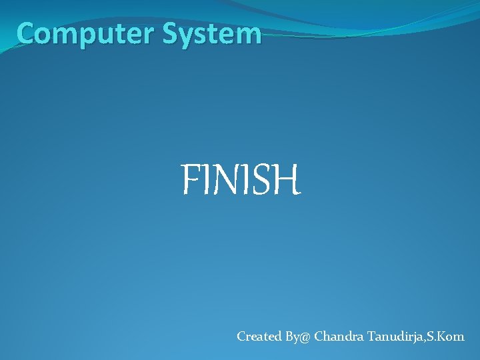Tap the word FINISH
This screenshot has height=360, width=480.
point(241,181)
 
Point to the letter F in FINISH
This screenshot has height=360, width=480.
point(190,181)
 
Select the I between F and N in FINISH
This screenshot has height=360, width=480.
point(203,181)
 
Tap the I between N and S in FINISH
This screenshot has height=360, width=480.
point(243,181)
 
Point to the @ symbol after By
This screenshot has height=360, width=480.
point(305,337)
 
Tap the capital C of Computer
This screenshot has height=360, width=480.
point(27,33)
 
